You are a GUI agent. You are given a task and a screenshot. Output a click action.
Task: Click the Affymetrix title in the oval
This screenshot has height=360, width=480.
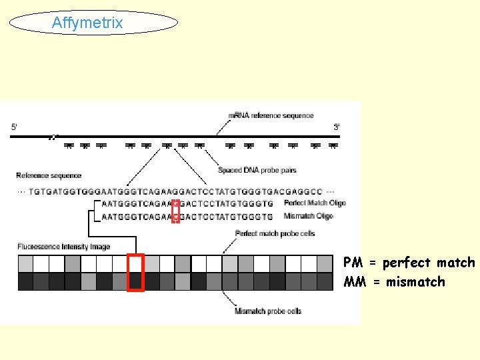(87, 23)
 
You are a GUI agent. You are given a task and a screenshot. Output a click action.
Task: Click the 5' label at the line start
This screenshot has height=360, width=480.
(15, 126)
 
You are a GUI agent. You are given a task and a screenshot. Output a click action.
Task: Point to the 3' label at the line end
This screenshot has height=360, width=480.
(337, 126)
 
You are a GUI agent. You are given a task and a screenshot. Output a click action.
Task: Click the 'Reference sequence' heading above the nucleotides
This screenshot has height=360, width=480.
(49, 175)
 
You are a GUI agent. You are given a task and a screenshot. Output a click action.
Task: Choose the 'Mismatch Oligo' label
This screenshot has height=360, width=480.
(308, 216)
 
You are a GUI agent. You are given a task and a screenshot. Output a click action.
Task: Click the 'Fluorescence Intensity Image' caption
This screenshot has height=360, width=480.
(63, 247)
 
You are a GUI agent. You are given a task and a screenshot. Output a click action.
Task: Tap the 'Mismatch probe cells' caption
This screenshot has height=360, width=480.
(268, 311)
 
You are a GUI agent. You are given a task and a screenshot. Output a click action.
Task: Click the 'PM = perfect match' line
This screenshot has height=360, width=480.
(409, 263)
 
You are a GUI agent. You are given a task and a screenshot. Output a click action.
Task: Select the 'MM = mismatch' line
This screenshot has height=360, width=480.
(394, 282)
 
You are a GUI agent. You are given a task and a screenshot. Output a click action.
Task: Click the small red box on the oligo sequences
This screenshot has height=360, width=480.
(175, 210)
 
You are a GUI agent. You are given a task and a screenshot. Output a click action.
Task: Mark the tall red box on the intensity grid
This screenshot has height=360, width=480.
(136, 273)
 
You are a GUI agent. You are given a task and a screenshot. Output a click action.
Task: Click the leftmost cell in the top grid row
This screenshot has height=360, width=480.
(25, 264)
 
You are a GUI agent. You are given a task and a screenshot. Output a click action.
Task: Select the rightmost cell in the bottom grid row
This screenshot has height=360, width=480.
(325, 282)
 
